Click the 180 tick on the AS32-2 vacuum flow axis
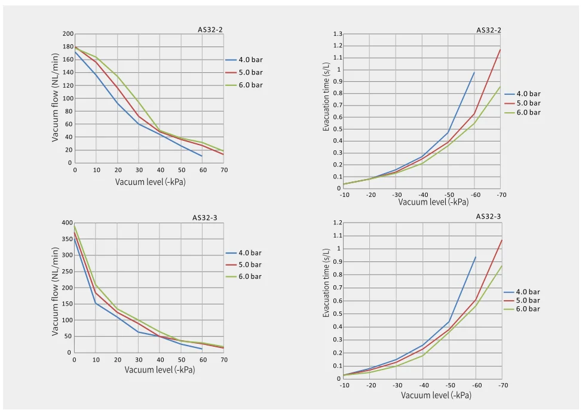(68, 47)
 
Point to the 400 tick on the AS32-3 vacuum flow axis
(68, 223)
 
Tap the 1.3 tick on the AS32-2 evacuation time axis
(338, 34)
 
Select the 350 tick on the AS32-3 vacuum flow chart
(68, 239)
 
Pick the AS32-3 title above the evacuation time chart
(488, 217)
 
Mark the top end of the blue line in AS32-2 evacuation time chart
(474, 72)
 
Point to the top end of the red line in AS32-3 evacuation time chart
(502, 240)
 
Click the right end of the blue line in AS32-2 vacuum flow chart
(203, 156)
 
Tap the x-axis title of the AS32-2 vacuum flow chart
(151, 181)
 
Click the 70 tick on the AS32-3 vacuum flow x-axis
(223, 359)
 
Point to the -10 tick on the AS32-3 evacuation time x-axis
(345, 386)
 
